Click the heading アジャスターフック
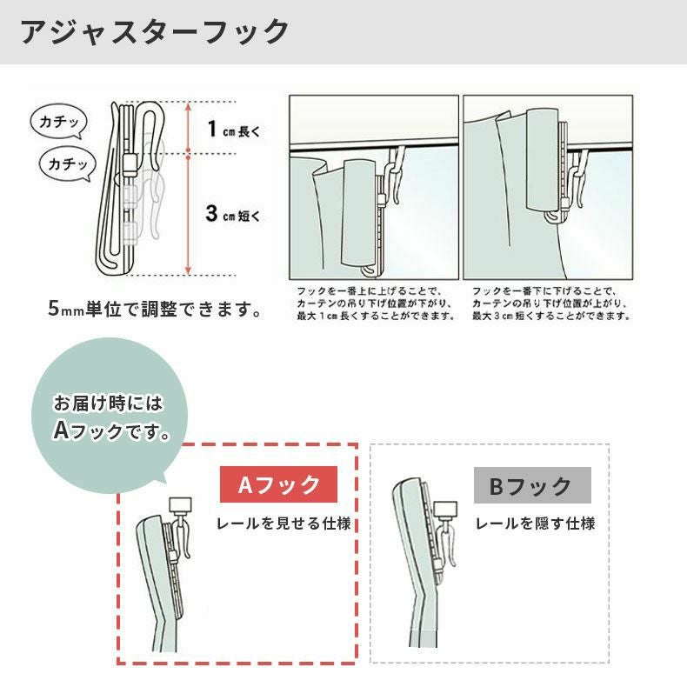(155, 32)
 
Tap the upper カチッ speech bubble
(58, 123)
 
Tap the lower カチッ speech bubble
(68, 163)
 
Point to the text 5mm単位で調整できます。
(156, 309)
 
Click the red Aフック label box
(278, 485)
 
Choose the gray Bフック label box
(531, 485)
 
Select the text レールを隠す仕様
(535, 524)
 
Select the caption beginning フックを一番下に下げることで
(550, 303)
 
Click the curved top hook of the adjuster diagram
(149, 122)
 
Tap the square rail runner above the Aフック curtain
(182, 504)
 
